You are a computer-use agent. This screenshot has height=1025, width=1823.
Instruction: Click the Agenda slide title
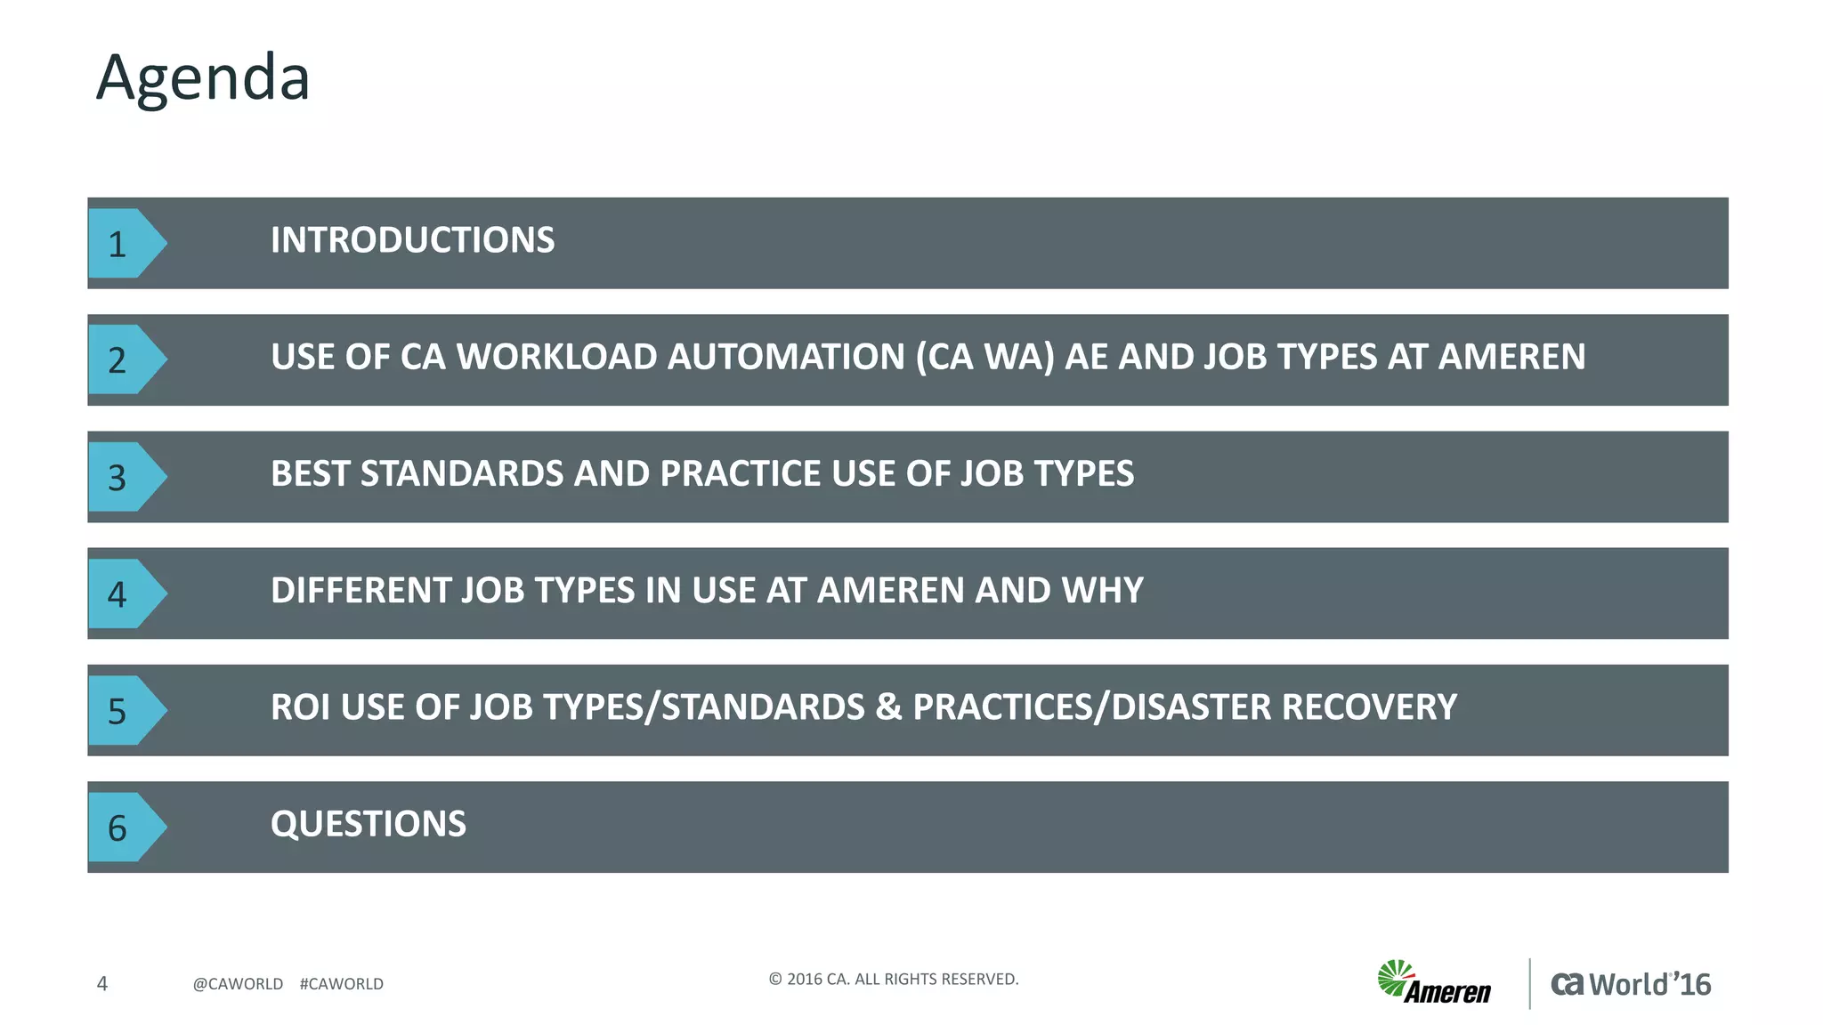pos(203,78)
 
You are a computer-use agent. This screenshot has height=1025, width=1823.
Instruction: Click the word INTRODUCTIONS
pos(412,240)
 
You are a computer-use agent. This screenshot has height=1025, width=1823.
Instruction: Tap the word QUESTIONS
pos(368,824)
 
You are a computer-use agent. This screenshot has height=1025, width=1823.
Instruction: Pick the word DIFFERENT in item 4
pos(361,591)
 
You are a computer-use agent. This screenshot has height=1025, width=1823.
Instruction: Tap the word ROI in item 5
pos(300,707)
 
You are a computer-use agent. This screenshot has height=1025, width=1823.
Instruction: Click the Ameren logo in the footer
pos(1434,982)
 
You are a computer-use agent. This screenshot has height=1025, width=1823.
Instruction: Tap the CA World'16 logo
pos(1631,984)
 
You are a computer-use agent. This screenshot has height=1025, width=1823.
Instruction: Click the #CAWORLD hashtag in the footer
pos(342,984)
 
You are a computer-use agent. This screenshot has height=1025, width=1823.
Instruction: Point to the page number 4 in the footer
pos(102,983)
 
